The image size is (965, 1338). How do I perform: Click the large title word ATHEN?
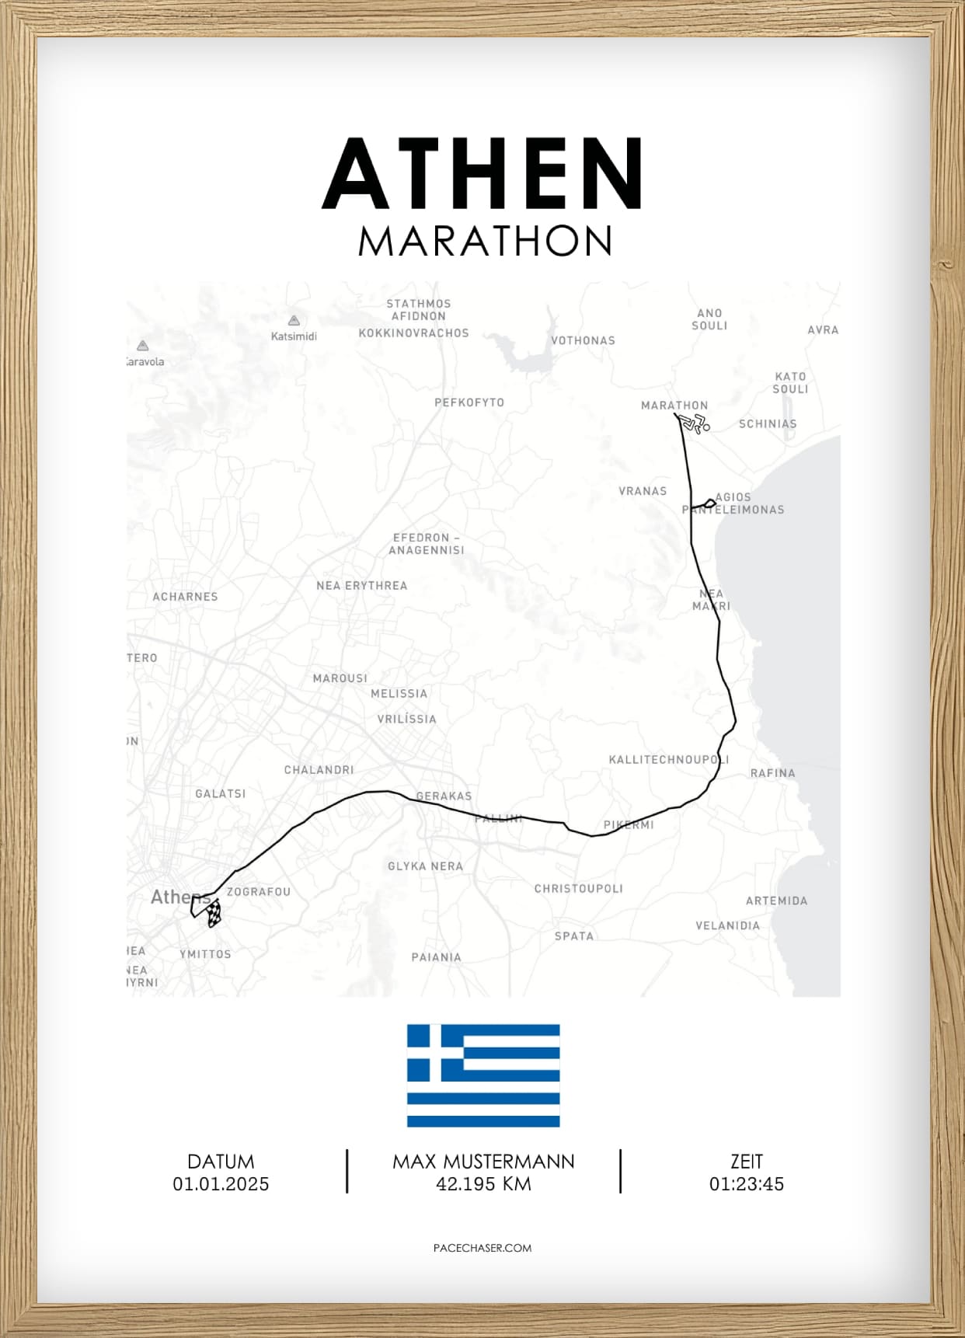[x=482, y=174]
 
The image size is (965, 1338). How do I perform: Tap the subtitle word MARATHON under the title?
[x=485, y=241]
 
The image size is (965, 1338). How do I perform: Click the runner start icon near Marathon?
[x=695, y=423]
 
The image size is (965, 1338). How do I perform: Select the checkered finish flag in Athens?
[x=214, y=914]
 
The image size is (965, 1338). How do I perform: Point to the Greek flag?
[x=483, y=1075]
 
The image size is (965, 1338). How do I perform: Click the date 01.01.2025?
[x=221, y=1184]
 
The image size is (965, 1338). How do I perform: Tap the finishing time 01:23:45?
[x=746, y=1184]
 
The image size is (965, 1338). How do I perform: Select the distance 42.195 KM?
[x=483, y=1184]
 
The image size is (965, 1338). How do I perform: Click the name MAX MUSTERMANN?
[x=483, y=1162]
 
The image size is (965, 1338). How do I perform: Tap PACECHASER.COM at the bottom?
[x=482, y=1248]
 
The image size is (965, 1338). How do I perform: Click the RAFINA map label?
[x=772, y=773]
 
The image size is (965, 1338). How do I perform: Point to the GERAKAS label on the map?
[x=444, y=796]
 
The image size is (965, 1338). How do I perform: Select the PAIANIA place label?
[x=436, y=957]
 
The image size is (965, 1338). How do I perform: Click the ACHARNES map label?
[x=185, y=597]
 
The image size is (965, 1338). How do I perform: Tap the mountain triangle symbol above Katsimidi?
[x=294, y=320]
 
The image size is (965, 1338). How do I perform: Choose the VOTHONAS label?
[x=583, y=340]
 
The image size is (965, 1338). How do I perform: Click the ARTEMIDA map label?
[x=776, y=901]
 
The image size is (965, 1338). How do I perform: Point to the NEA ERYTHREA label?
[x=361, y=586]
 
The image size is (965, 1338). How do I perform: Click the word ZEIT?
[x=746, y=1162]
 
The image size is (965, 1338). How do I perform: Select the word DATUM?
[x=221, y=1162]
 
